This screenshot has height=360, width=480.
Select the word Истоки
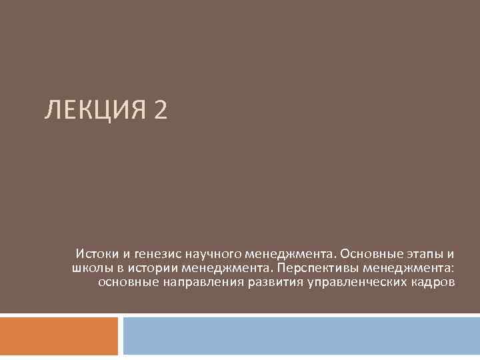pos(97,253)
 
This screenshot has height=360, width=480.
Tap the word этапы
pos(424,254)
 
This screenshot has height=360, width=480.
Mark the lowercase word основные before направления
pos(128,282)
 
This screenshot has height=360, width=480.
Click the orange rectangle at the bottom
pos(59,336)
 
